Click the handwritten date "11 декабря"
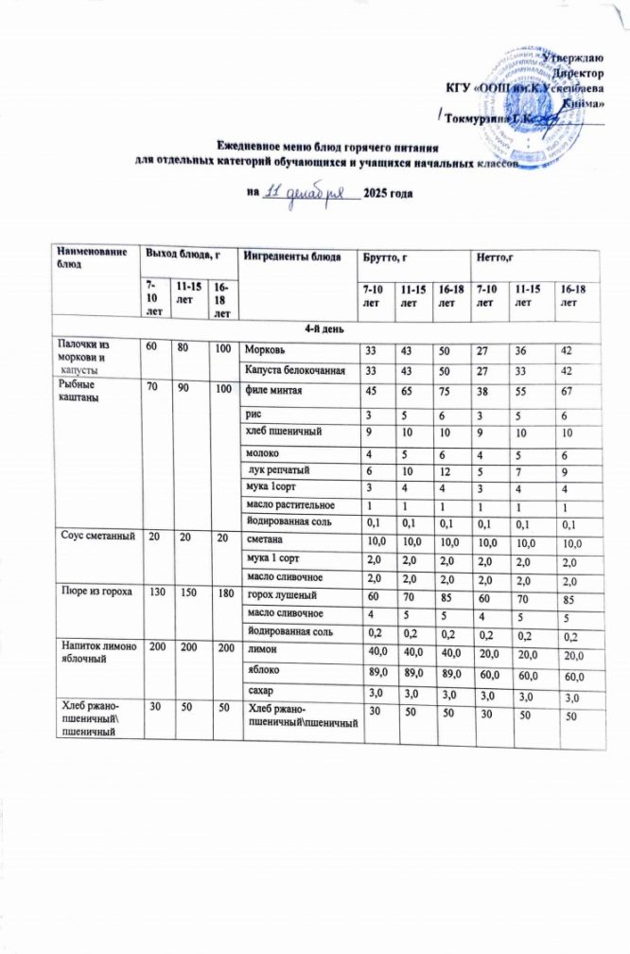pos(308,192)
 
